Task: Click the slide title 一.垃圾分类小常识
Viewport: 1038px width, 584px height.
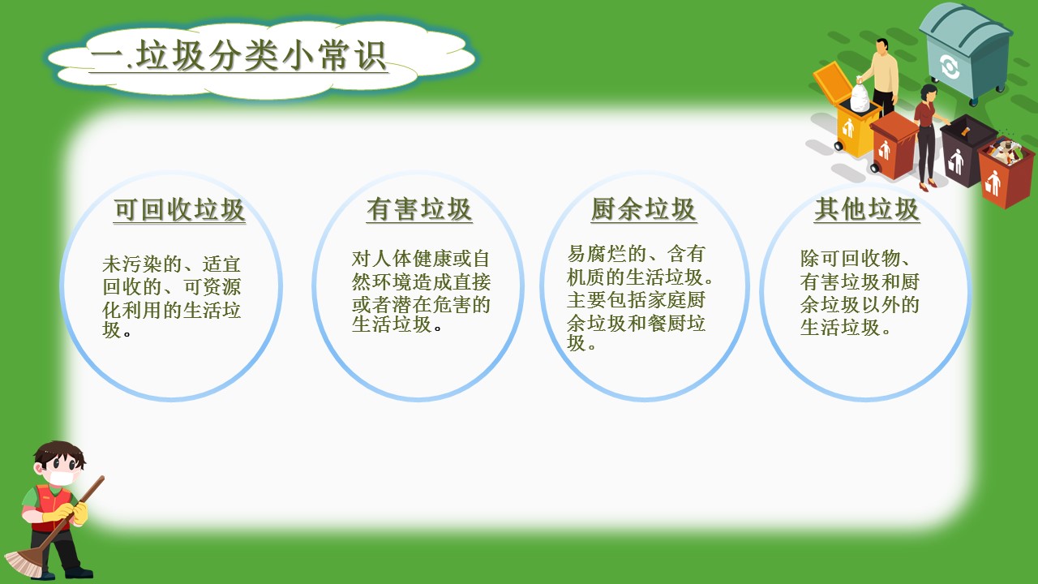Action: pos(238,56)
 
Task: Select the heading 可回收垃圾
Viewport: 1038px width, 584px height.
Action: pos(179,209)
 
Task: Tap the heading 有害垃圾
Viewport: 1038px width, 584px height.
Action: pos(419,209)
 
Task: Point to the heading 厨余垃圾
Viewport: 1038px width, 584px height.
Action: pos(644,209)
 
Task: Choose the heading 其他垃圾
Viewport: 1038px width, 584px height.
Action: pos(867,209)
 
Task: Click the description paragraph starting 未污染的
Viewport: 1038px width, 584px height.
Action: pos(171,298)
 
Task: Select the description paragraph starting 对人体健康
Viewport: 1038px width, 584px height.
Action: pos(421,292)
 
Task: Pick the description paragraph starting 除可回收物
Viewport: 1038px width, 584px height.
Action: pos(860,293)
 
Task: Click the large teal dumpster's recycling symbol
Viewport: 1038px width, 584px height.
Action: pos(950,67)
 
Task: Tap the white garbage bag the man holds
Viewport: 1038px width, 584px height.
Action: pos(860,96)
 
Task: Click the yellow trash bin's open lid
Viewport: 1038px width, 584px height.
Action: pos(833,82)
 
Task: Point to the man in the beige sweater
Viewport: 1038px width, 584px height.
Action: pos(883,77)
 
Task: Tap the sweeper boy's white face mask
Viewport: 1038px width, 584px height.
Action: pos(61,478)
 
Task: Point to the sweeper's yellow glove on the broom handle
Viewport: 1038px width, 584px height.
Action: pos(80,513)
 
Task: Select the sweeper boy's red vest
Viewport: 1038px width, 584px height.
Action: pos(54,508)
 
